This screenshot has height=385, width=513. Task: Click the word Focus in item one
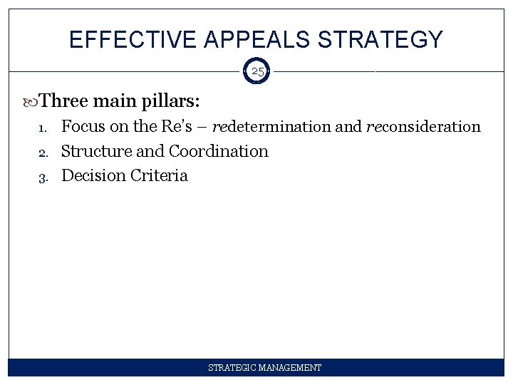click(x=83, y=127)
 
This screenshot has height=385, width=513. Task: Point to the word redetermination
click(x=271, y=127)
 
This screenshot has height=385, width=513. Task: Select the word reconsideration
click(x=423, y=127)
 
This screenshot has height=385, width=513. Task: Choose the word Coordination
click(x=218, y=151)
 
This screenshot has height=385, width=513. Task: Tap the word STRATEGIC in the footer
click(x=232, y=368)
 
